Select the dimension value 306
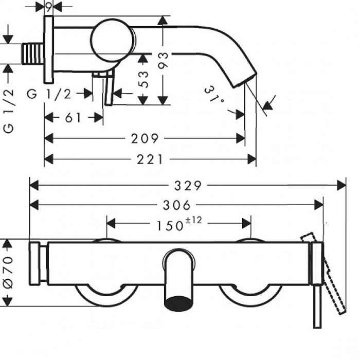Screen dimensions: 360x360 (x=176, y=205)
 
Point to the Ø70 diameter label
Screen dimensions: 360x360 (x=9, y=272)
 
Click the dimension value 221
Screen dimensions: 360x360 (x=150, y=159)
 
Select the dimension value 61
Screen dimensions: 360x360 (x=74, y=118)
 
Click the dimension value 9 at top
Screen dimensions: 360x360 (x=48, y=6)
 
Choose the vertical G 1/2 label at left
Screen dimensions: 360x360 (x=9, y=111)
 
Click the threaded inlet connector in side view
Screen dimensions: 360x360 (x=33, y=53)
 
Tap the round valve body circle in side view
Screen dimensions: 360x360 (x=113, y=40)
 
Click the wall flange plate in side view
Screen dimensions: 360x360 (x=48, y=49)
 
